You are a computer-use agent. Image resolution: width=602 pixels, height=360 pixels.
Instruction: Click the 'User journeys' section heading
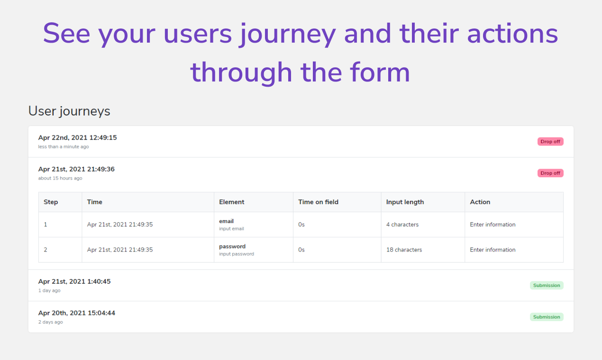point(69,111)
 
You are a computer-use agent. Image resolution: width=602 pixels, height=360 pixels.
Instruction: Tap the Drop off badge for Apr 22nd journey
point(550,142)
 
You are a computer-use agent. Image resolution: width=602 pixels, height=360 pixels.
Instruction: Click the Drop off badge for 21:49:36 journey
point(550,173)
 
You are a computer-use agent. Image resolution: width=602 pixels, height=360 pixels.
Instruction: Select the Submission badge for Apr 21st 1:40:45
point(547,286)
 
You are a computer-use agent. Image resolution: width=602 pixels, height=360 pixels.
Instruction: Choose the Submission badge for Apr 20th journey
point(547,317)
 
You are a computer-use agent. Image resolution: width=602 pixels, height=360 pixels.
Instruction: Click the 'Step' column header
point(51,202)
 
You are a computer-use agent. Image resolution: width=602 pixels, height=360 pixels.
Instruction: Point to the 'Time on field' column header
point(318,202)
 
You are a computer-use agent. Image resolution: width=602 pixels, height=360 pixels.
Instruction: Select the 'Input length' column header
point(405,202)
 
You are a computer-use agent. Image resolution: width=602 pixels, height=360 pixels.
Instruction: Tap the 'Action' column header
point(480,202)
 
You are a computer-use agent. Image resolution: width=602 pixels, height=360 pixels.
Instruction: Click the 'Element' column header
point(231,202)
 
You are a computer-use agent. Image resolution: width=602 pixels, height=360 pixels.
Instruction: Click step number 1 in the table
point(46,225)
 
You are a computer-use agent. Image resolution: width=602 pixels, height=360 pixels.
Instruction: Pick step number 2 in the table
point(46,250)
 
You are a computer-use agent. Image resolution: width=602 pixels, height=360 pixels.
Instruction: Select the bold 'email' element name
point(226,221)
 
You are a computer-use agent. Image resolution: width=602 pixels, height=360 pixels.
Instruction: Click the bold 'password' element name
point(232,246)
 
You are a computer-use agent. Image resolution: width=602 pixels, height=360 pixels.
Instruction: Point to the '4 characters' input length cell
point(402,225)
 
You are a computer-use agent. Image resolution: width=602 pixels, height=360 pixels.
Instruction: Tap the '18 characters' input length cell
point(404,250)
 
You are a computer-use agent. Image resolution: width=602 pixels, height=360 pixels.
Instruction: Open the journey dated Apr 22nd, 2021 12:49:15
point(77,138)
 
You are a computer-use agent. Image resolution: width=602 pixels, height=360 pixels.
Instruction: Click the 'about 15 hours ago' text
point(60,179)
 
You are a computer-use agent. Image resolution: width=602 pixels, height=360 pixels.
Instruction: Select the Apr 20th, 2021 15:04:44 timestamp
point(76,313)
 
